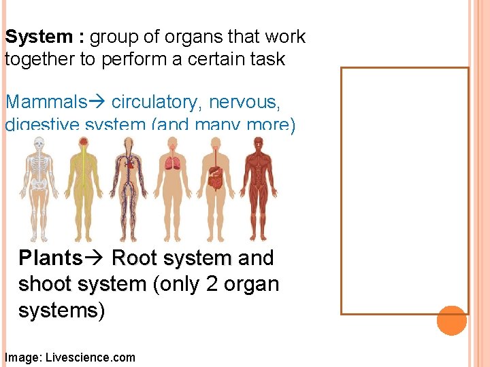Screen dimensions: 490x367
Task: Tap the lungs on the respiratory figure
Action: tap(170, 163)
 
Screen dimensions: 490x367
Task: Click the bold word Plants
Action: tap(50, 258)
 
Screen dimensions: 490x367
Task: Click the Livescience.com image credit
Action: tap(90, 357)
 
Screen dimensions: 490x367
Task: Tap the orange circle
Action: tap(452, 320)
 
